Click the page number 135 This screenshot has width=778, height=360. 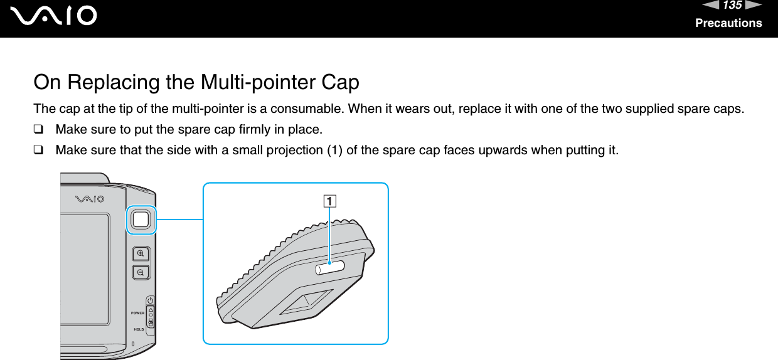[x=731, y=6]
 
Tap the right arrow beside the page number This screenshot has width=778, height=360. [x=753, y=6]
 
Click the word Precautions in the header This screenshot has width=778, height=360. [x=728, y=23]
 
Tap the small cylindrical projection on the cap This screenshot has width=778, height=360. [x=329, y=267]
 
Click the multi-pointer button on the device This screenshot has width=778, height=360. [x=141, y=219]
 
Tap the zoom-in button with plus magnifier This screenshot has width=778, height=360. [x=141, y=253]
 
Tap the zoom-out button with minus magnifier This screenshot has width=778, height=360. [x=141, y=273]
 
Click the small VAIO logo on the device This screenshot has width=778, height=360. [x=91, y=199]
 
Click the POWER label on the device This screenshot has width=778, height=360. [x=137, y=312]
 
